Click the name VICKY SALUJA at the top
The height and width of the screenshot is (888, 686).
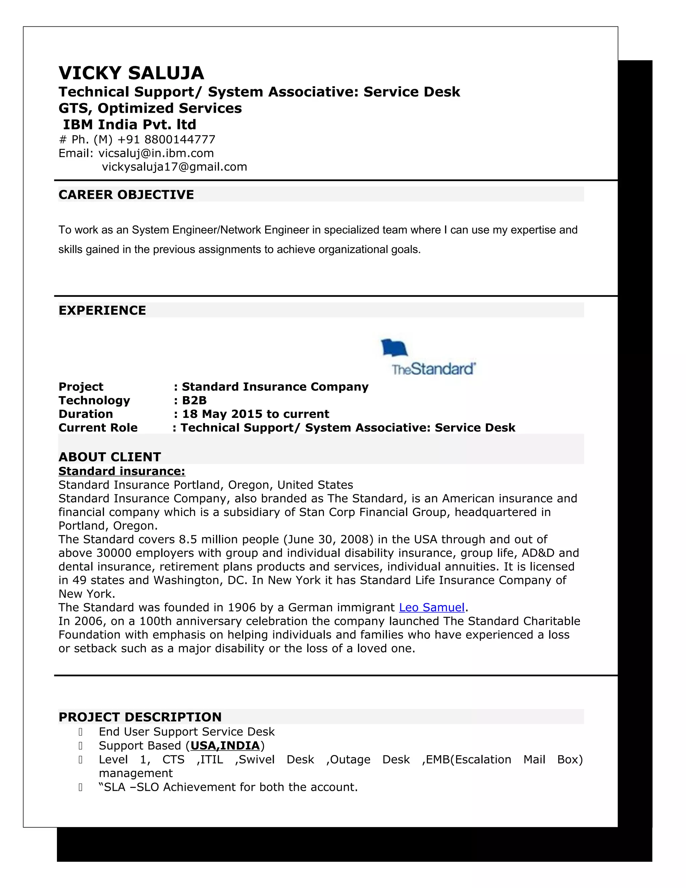(131, 73)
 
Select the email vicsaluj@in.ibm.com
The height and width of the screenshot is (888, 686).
(156, 153)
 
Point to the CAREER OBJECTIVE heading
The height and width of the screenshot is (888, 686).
(126, 195)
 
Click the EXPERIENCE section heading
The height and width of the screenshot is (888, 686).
(102, 311)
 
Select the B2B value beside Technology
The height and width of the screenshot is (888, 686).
(194, 400)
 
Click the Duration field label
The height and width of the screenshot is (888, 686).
(86, 414)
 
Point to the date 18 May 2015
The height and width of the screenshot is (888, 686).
(222, 414)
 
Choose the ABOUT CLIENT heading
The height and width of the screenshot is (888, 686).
(110, 457)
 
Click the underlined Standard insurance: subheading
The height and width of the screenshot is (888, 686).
(122, 471)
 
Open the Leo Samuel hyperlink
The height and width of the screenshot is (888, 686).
(431, 608)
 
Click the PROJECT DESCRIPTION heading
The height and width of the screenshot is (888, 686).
(140, 717)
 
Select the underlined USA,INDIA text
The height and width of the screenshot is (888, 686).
(225, 746)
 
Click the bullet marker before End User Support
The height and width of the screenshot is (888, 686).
(80, 732)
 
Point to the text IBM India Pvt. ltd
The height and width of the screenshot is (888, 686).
(129, 124)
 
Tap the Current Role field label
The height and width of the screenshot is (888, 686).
(98, 428)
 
